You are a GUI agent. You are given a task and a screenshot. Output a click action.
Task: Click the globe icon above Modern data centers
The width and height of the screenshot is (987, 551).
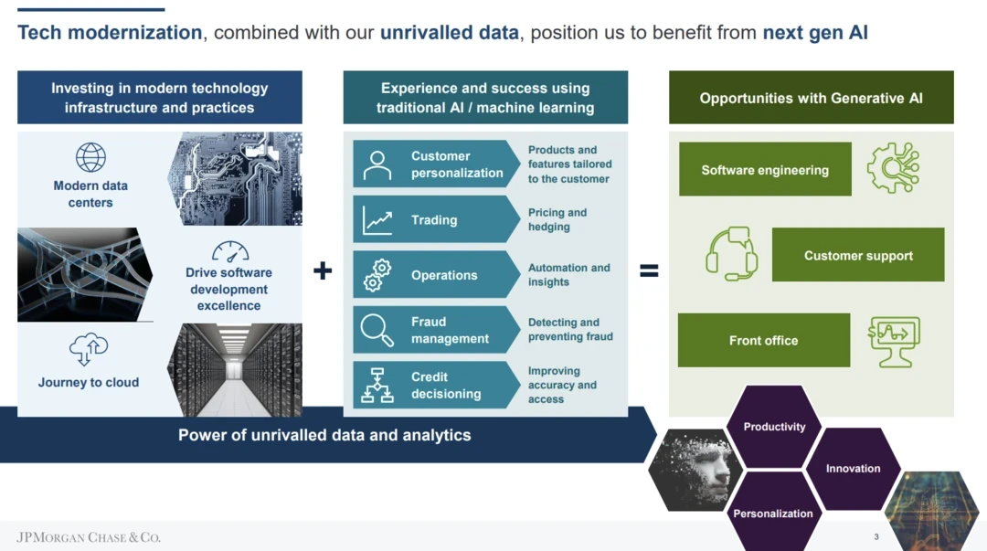[x=90, y=157]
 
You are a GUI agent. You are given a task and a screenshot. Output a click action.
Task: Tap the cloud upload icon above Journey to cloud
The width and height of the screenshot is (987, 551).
[x=89, y=349]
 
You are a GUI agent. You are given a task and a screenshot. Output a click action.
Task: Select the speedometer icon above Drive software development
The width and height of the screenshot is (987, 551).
[x=229, y=251]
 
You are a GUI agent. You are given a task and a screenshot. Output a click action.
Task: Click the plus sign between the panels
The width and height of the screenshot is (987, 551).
[x=323, y=270]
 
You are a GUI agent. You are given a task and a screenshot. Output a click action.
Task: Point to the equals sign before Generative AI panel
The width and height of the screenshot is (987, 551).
[x=649, y=270]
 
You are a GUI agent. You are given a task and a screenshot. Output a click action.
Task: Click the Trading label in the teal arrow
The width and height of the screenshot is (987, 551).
[x=434, y=220]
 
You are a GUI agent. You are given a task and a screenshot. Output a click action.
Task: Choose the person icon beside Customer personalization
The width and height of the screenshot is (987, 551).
[x=377, y=165]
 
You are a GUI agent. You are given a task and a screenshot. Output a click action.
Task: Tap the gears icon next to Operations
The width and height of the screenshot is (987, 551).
[x=377, y=275]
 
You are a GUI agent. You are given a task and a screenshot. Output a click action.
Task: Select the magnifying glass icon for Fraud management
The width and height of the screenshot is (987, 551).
[x=377, y=330]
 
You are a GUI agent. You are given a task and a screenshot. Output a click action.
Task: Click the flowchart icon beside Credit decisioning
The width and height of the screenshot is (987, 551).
[x=377, y=386]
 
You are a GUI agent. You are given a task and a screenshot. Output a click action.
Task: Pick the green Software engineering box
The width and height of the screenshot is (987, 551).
[x=765, y=170]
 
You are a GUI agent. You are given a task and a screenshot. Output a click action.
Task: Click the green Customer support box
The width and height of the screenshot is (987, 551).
[x=858, y=256]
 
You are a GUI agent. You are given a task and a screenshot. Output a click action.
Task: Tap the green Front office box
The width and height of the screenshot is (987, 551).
[x=763, y=341]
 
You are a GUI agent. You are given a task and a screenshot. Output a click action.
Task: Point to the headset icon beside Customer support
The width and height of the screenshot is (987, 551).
[x=731, y=254]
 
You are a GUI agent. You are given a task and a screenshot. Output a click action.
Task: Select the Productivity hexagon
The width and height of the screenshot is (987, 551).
[x=774, y=427]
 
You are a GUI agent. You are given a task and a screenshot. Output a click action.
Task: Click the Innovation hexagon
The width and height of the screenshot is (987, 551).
[x=853, y=469]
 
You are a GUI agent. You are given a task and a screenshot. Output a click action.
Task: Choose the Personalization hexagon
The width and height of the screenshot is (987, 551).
[x=772, y=513]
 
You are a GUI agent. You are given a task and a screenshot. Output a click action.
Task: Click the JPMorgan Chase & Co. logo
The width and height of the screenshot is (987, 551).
[x=89, y=537]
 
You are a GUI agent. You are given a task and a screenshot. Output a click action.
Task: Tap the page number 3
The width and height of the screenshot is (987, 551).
[x=876, y=537]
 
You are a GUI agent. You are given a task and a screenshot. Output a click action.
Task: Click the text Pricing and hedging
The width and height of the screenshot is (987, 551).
[x=557, y=220]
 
